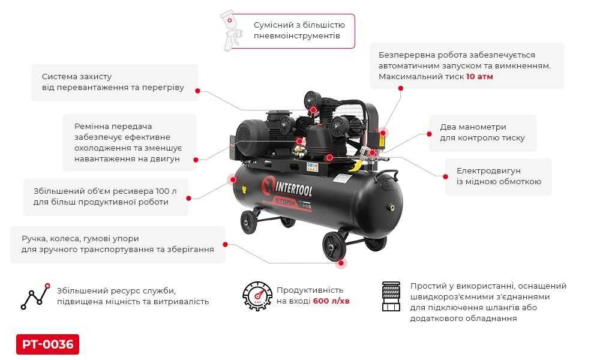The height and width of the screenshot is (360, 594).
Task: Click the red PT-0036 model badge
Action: point(47,344)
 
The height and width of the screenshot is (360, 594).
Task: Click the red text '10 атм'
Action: point(479,77)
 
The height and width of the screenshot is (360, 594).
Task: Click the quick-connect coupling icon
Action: point(391,296)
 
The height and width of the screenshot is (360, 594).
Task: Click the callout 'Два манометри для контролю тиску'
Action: point(482,133)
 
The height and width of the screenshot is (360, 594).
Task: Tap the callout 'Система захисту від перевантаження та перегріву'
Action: point(113,82)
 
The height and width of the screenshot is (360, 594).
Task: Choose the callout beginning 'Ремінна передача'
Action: point(128,143)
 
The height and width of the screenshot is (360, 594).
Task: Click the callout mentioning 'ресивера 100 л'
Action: point(106,197)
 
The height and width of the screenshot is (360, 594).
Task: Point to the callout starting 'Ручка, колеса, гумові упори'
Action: point(118,244)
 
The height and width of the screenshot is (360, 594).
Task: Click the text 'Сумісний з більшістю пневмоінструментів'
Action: point(299,31)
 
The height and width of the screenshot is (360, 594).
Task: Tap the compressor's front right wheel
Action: point(334,245)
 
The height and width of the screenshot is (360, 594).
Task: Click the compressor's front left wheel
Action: point(249,222)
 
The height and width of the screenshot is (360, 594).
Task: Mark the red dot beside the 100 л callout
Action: point(190,197)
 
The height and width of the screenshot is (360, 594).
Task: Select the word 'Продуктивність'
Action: point(310,290)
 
